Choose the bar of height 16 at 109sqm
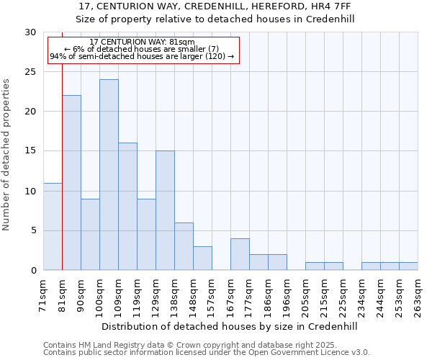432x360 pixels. tap(127, 206)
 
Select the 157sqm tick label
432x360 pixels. tap(212, 296)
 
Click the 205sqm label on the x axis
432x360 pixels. tap(306, 296)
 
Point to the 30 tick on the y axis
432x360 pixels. tap(30, 32)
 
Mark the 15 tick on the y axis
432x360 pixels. tap(30, 151)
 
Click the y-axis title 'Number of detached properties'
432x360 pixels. tap(7, 155)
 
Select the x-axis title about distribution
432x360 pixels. tap(230, 326)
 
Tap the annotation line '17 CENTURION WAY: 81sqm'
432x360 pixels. tap(143, 42)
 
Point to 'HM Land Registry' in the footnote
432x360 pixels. tap(102, 345)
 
